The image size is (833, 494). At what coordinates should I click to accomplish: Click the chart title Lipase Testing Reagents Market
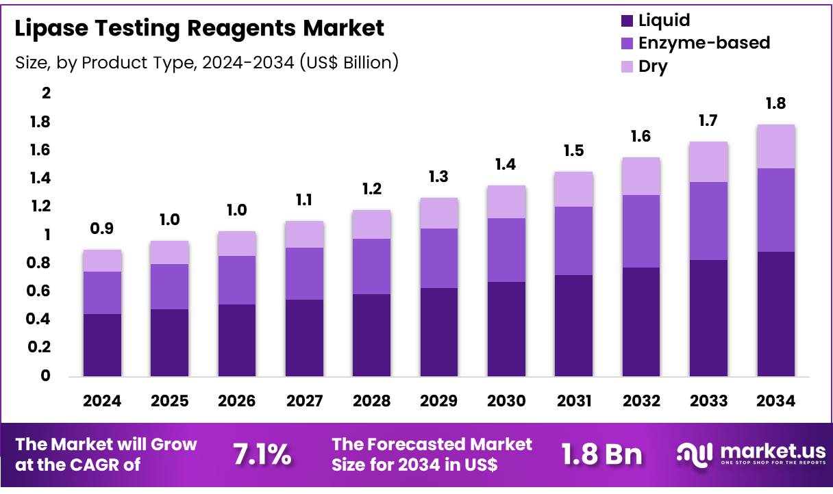point(199,29)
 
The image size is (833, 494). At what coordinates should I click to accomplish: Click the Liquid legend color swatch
point(625,21)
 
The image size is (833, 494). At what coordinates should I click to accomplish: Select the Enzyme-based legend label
point(704,43)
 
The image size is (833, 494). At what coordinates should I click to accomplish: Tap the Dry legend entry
point(652,66)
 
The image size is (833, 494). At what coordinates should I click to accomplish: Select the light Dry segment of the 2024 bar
point(102,261)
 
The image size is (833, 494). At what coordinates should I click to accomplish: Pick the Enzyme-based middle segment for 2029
point(438,258)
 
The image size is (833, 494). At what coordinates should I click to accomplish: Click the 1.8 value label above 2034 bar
point(775,104)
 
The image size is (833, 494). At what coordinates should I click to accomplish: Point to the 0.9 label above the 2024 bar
point(102,229)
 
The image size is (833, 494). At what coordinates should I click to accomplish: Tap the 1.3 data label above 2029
point(438,177)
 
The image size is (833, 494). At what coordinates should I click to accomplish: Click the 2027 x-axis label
point(304,401)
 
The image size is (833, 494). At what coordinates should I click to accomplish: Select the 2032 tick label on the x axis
point(641,401)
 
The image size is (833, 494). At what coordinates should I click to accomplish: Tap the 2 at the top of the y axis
point(47,93)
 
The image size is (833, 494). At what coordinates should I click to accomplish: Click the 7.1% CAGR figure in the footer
point(262,454)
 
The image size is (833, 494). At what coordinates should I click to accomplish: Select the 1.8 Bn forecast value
point(601,454)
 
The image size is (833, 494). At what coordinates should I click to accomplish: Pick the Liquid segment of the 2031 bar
point(573,326)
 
